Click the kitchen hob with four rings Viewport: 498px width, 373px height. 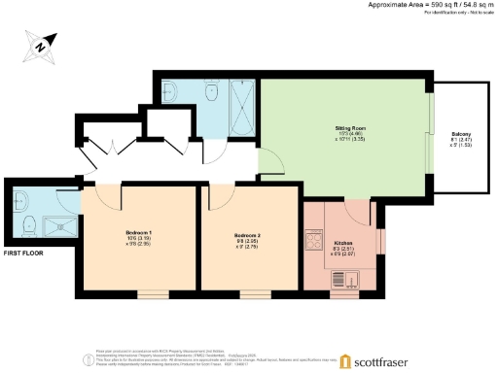[315, 239]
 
